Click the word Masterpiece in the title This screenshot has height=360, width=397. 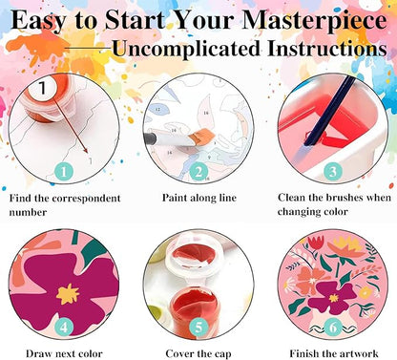315,21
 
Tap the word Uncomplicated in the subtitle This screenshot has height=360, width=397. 186,50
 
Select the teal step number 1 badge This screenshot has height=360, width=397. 64,172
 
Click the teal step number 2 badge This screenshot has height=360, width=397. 198,172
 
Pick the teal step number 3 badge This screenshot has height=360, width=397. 333,172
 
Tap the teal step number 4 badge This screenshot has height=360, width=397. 64,328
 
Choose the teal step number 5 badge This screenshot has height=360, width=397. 198,328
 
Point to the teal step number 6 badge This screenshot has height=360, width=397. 333,328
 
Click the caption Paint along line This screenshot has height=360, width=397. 199,198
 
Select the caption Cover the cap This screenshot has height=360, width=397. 198,354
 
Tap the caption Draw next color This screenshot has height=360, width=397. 64,353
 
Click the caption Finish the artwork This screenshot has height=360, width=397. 334,353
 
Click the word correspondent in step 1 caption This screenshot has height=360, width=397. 86,199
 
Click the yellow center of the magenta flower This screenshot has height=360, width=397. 68,293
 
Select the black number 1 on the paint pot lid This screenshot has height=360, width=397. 42,88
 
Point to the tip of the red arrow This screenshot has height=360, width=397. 88,153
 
